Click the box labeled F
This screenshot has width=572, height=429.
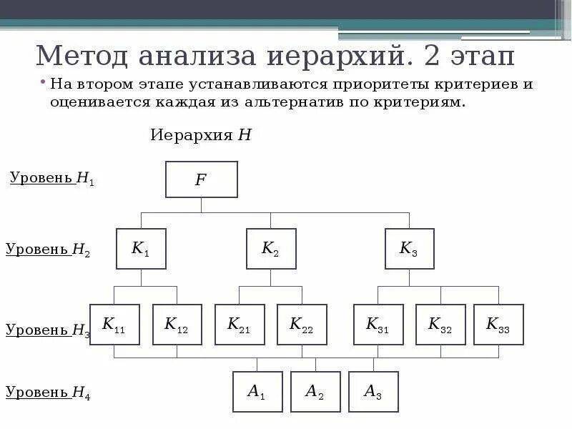tap(201, 179)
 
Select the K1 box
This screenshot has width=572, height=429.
tap(141, 249)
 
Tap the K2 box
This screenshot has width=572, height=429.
tap(271, 249)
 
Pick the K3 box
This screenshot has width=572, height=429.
tap(409, 249)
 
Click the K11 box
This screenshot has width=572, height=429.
tap(114, 325)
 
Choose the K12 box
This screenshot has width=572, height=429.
tap(177, 325)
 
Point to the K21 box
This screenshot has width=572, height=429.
tap(240, 325)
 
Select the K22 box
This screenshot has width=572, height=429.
tap(302, 325)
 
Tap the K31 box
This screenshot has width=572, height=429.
tap(378, 325)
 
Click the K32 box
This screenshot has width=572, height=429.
tap(440, 325)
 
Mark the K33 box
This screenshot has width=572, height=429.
tap(498, 325)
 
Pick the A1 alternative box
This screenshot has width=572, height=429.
tap(257, 391)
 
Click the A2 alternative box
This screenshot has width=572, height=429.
tap(315, 391)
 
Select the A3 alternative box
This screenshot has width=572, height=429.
tap(373, 391)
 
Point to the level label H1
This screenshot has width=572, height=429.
tap(51, 179)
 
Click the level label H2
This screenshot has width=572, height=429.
tap(48, 250)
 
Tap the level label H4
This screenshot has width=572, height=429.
tap(48, 392)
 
